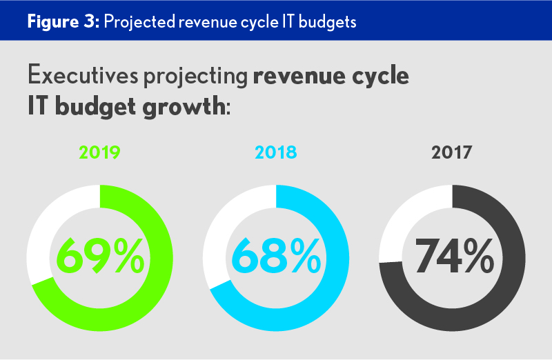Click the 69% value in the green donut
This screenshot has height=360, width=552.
pos(100,256)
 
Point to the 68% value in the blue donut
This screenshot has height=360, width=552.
pos(276,256)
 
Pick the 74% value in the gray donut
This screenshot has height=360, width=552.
pos(453,256)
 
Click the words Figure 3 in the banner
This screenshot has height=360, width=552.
pos(63,21)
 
